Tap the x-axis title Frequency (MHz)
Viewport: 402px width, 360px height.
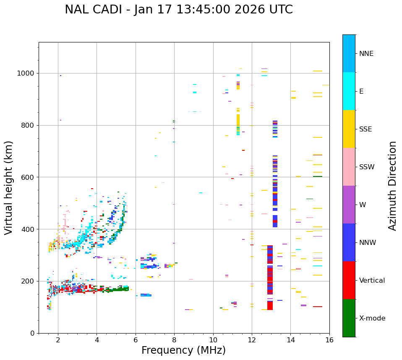click(x=183, y=350)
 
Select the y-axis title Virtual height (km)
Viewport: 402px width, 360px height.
click(x=9, y=187)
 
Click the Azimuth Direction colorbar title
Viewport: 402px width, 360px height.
click(x=392, y=186)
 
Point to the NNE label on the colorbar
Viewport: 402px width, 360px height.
click(x=366, y=54)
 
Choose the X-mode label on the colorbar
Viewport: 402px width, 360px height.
click(x=372, y=318)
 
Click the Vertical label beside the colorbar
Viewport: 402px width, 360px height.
click(x=372, y=281)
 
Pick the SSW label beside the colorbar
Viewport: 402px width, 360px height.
click(x=367, y=167)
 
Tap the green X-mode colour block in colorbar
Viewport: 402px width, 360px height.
click(x=349, y=318)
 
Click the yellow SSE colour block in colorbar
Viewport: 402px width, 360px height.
click(x=349, y=129)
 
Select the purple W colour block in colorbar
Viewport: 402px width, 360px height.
click(x=349, y=205)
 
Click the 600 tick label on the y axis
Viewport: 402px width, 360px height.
click(x=29, y=177)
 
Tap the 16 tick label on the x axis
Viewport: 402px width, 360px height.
click(x=329, y=340)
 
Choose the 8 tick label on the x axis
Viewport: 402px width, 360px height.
click(x=174, y=340)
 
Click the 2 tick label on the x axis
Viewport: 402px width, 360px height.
click(x=58, y=340)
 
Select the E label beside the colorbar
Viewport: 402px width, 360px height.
click(x=361, y=92)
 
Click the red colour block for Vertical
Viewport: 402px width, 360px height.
click(x=349, y=280)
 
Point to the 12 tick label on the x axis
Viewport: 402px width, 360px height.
click(x=252, y=340)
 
